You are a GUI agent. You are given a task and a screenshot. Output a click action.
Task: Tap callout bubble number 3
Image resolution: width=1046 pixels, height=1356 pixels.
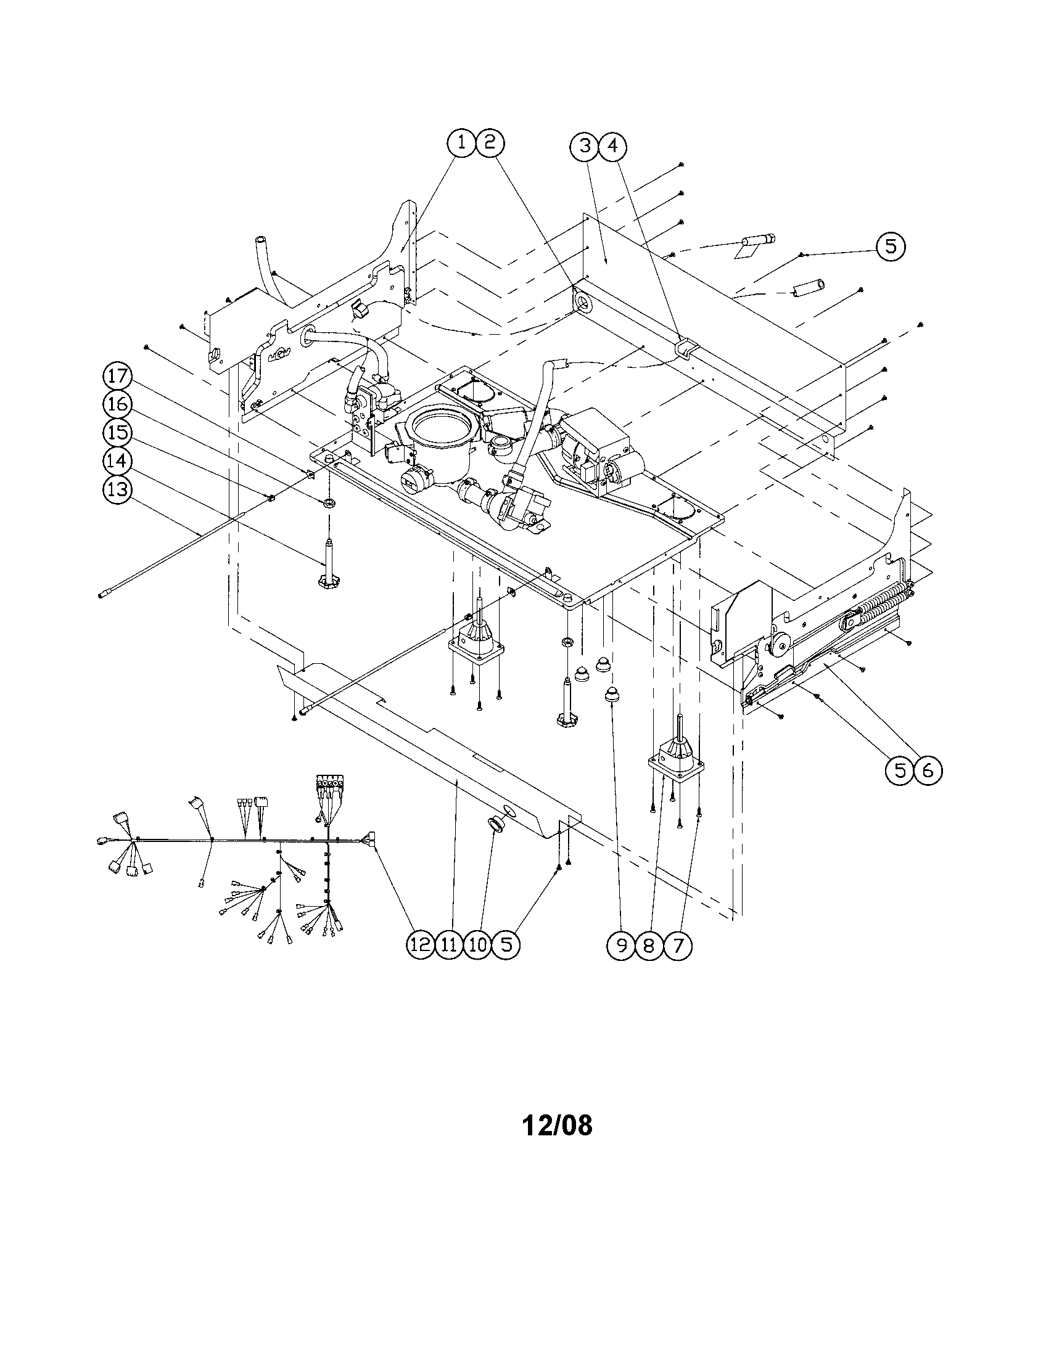click(585, 147)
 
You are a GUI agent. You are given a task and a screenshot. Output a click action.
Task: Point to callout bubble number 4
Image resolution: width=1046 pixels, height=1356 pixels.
click(612, 147)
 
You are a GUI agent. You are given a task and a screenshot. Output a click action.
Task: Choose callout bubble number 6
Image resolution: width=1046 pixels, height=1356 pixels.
click(928, 770)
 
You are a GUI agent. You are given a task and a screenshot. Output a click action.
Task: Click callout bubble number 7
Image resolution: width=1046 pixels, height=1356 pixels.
click(678, 946)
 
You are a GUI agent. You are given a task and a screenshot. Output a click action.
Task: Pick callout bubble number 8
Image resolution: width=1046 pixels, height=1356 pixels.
click(649, 946)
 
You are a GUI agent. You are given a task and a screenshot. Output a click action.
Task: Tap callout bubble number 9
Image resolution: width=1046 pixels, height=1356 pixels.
click(622, 946)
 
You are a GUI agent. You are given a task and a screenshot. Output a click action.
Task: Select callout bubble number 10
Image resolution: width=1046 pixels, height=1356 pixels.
click(477, 945)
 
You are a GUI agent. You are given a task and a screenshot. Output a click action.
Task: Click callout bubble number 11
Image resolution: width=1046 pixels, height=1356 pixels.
click(449, 945)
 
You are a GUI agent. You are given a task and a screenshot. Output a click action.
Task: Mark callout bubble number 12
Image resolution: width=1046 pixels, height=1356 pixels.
click(421, 945)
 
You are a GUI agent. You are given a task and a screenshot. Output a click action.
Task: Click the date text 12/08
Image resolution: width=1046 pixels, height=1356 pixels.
click(557, 1124)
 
